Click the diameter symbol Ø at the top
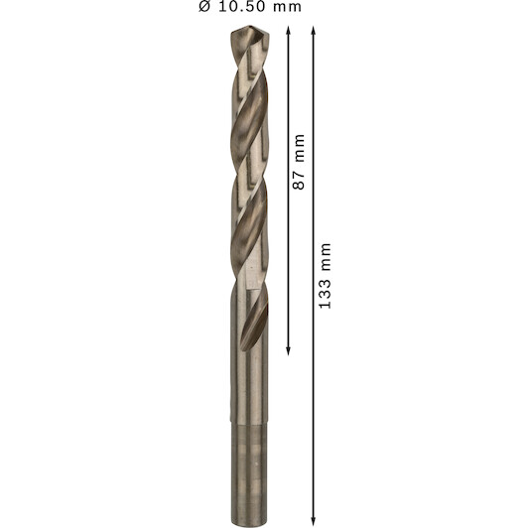204,6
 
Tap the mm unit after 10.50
287,8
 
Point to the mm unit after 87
299,149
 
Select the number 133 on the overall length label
326,294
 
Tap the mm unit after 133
326,257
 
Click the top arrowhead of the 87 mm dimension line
288,31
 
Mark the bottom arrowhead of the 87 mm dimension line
288,351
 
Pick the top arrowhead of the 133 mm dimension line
314,31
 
